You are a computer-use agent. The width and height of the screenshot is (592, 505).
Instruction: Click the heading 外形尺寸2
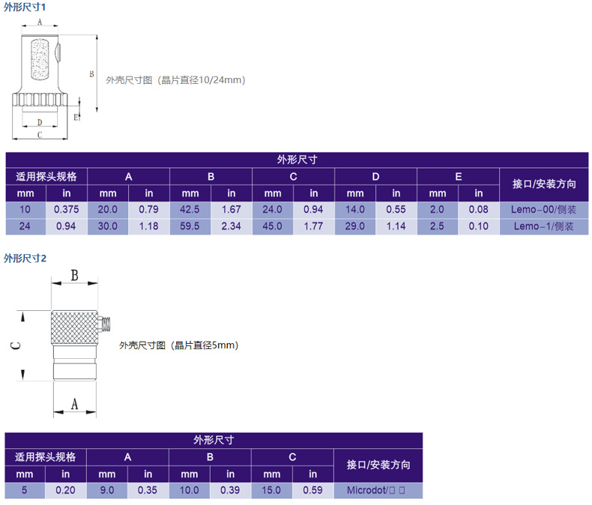pos(25,258)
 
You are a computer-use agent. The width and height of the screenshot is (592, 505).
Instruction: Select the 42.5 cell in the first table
pos(190,210)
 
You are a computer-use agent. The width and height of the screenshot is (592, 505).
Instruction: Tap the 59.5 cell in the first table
pos(190,226)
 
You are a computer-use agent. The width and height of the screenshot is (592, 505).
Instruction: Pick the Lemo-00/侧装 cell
pos(544,210)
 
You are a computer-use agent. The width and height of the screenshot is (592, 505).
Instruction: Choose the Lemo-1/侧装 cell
pos(544,226)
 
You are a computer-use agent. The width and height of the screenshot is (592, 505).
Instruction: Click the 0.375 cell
pos(67,210)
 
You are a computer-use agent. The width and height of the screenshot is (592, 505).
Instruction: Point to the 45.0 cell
pos(273,226)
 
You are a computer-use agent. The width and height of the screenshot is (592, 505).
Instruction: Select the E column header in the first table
pos(458,177)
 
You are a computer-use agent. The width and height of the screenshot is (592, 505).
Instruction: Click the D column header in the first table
pos(375,177)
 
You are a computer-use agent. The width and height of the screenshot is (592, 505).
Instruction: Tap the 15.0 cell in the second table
pos(271,490)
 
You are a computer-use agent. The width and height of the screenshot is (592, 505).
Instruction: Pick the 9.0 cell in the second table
pos(107,490)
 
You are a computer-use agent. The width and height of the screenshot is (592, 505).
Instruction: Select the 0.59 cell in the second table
pos(312,490)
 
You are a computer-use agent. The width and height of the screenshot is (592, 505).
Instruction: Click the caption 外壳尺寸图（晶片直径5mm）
pos(178,345)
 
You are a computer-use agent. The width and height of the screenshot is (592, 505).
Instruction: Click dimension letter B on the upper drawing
pos(91,74)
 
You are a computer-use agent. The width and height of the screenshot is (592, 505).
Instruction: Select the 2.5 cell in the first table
pos(437,226)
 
